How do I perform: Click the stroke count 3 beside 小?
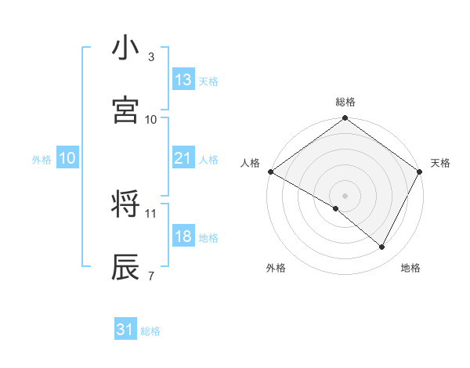151,57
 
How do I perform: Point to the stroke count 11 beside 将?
151,213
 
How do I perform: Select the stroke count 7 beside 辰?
151,276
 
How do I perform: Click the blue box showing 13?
183,80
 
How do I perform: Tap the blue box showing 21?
183,158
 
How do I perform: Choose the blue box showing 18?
183,236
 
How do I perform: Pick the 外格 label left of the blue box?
42,159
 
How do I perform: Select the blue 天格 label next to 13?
208,81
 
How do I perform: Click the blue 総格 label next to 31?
150,331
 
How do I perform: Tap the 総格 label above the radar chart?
345,102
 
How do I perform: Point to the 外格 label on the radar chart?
276,268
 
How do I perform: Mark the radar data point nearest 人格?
270,171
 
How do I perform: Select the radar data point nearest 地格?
382,247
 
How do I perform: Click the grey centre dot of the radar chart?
345,195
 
